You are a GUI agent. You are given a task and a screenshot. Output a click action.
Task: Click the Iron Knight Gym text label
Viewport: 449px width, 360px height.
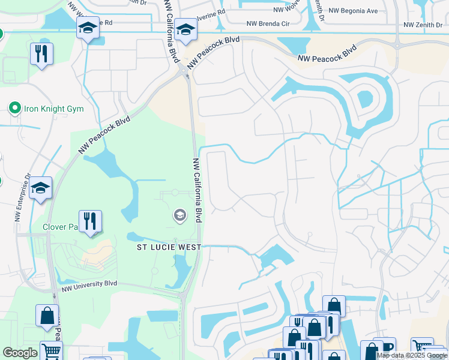(x=53, y=109)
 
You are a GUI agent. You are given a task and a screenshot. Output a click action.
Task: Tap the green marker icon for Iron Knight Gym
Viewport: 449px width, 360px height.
(x=14, y=109)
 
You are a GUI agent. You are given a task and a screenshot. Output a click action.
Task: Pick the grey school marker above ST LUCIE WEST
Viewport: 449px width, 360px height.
(x=179, y=215)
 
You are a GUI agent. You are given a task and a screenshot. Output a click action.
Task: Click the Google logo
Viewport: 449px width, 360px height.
(x=20, y=353)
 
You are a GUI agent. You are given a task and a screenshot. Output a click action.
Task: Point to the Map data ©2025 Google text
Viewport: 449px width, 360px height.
(x=412, y=355)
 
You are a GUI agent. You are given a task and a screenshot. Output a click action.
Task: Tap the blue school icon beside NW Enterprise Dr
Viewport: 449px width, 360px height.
(x=40, y=188)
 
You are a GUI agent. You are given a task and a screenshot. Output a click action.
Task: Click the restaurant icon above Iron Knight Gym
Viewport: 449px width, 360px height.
(x=41, y=54)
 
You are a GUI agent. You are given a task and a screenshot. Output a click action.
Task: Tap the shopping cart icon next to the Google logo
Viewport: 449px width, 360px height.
(x=51, y=350)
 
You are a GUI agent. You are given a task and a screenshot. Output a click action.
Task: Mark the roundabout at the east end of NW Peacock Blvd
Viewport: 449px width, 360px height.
(x=397, y=44)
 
